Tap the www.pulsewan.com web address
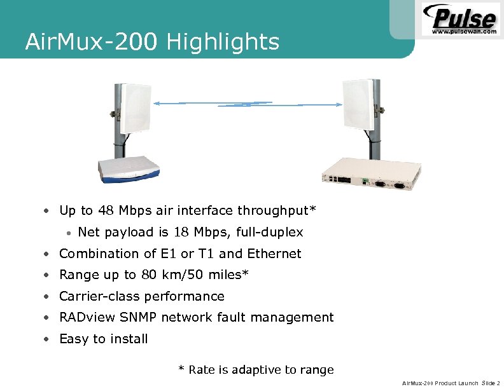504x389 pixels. pos(464,31)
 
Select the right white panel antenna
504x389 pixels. pos(360,104)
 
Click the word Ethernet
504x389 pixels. pos(274,254)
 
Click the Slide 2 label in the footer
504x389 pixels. pos(491,383)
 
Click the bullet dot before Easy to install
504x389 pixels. pos(48,339)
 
